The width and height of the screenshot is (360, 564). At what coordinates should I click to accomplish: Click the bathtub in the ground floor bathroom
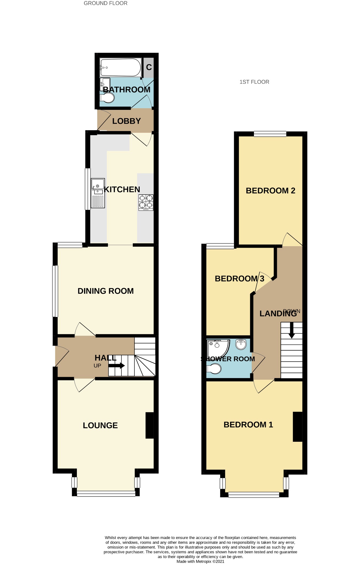pyautogui.click(x=121, y=67)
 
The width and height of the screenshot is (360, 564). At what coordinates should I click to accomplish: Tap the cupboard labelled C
pyautogui.click(x=149, y=67)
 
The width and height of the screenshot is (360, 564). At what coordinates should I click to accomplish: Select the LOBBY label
pyautogui.click(x=126, y=121)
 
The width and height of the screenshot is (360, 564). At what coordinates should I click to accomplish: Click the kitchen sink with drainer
pyautogui.click(x=98, y=193)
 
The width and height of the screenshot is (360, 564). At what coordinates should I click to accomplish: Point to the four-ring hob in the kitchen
pyautogui.click(x=146, y=202)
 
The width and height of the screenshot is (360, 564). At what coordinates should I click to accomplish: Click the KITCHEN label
pyautogui.click(x=122, y=189)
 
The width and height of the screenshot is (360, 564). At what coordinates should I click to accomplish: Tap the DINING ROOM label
pyautogui.click(x=105, y=291)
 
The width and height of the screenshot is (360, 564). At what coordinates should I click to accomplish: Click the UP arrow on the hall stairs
pyautogui.click(x=117, y=366)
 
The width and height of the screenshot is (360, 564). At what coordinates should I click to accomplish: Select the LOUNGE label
pyautogui.click(x=100, y=425)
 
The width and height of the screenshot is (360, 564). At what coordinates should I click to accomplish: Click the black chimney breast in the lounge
pyautogui.click(x=150, y=425)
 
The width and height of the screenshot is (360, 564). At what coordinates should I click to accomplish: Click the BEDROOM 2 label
pyautogui.click(x=270, y=191)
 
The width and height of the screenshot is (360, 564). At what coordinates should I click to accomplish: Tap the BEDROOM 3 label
pyautogui.click(x=239, y=278)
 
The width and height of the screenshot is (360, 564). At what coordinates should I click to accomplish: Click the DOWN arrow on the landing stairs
pyautogui.click(x=292, y=330)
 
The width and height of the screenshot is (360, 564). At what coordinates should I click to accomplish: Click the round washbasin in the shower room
pyautogui.click(x=241, y=344)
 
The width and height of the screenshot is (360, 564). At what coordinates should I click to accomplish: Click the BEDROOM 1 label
pyautogui.click(x=248, y=425)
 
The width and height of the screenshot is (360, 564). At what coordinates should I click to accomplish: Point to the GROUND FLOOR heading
pyautogui.click(x=105, y=3)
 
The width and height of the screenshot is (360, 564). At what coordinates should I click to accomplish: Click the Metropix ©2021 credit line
pyautogui.click(x=201, y=561)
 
